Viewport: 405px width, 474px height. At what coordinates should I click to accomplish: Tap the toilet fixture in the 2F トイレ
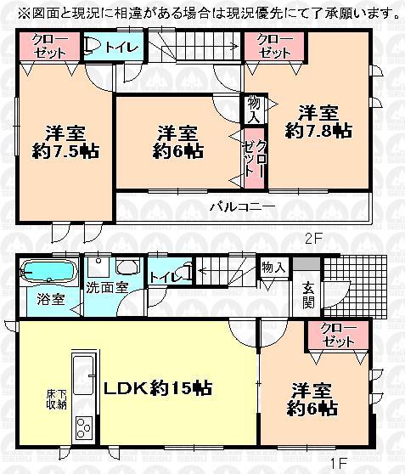(95, 47)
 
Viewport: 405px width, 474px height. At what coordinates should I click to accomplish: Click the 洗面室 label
(107, 287)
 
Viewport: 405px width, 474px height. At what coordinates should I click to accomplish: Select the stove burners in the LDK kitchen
(83, 426)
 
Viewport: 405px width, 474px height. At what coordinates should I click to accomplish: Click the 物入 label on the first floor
(273, 267)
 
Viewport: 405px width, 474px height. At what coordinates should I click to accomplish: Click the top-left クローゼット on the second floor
(50, 45)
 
